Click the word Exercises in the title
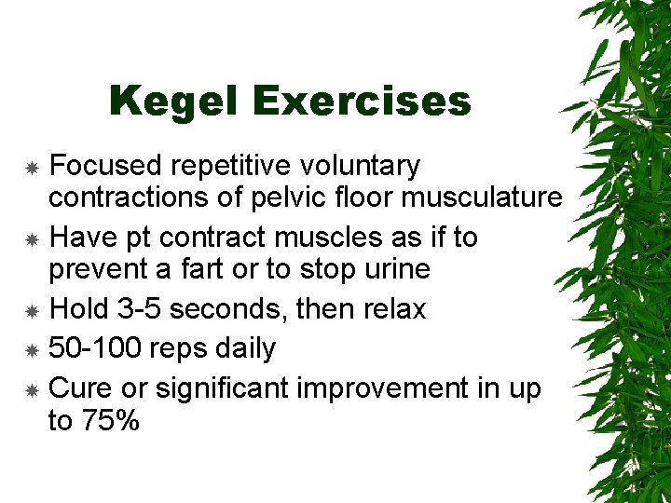click(360, 102)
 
